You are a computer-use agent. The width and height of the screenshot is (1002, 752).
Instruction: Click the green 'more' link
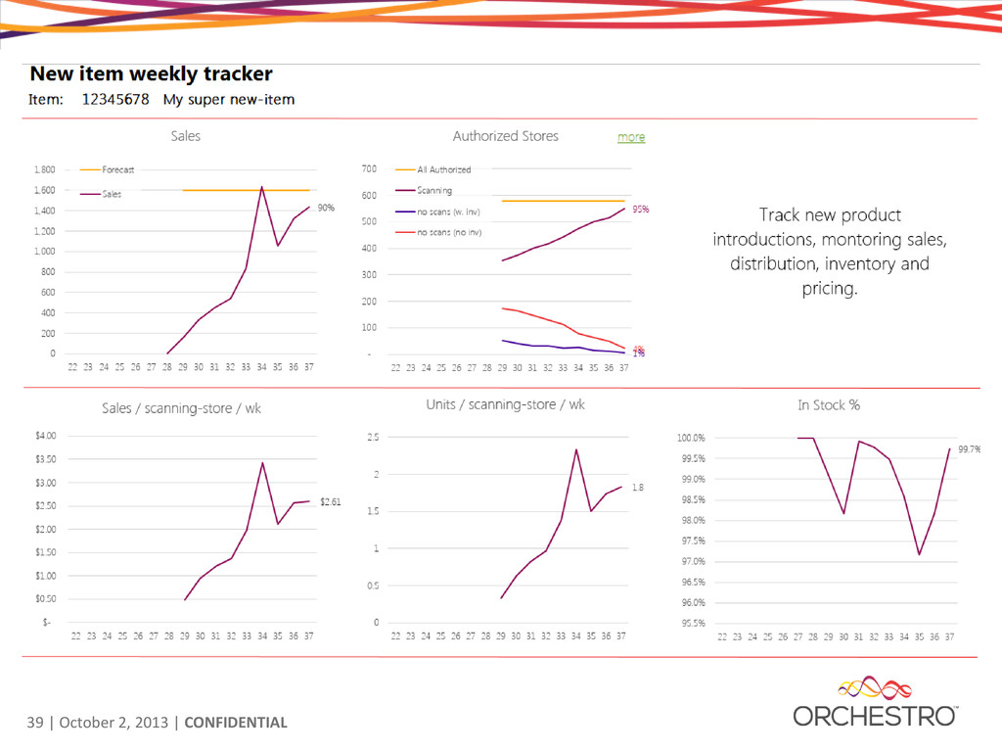tap(631, 137)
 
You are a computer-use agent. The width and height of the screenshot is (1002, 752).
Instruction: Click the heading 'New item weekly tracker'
tap(151, 73)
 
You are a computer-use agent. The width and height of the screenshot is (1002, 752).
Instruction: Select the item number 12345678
tap(115, 99)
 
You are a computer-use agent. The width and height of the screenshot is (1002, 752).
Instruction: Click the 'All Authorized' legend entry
tap(443, 169)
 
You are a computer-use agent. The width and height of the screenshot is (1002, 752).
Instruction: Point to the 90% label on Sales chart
tap(326, 208)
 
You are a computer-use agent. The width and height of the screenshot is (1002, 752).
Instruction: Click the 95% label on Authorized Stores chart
tap(641, 209)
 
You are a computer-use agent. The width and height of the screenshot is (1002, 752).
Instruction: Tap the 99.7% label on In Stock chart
tap(970, 448)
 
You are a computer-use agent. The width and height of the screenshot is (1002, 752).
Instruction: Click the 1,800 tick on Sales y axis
tap(43, 169)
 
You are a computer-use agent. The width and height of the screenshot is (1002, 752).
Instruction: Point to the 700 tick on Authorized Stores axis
tap(369, 169)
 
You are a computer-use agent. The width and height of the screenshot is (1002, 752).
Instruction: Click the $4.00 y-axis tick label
tap(44, 435)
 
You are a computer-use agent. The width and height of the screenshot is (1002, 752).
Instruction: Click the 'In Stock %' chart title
tap(829, 404)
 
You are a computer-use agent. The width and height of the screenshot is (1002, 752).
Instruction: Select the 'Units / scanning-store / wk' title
tap(505, 404)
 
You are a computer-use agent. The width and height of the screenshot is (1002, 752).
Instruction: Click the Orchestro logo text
tap(875, 717)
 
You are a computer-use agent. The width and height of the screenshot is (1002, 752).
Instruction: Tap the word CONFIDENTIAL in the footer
tap(236, 724)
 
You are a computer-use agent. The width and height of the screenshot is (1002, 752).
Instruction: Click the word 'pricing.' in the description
tap(829, 289)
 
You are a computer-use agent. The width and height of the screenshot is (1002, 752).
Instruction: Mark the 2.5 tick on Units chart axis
tap(373, 437)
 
